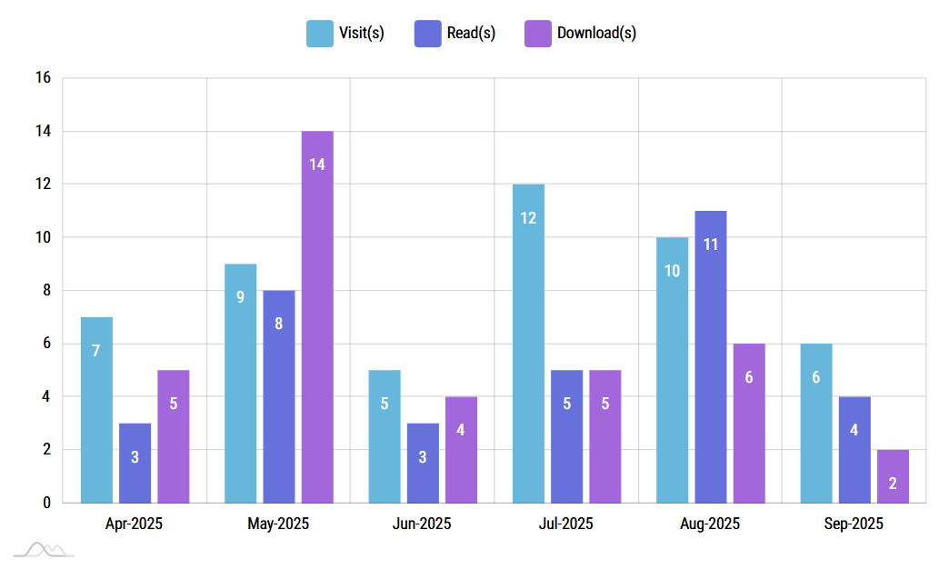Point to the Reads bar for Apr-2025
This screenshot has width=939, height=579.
(135, 463)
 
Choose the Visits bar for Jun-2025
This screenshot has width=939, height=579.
(385, 435)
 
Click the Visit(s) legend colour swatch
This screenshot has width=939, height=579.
(319, 33)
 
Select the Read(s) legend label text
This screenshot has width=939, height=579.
(471, 33)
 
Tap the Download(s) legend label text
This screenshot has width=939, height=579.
(596, 33)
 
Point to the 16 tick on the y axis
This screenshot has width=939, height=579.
(43, 78)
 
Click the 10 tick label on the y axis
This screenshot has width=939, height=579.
(43, 237)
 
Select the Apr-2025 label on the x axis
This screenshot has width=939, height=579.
(135, 524)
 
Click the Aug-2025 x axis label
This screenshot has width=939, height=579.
(710, 524)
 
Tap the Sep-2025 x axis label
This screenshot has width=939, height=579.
(854, 524)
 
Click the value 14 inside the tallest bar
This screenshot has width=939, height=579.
(317, 165)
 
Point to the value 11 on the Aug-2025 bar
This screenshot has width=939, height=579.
(711, 244)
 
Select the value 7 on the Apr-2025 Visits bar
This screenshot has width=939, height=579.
(96, 350)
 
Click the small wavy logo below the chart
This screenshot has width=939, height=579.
(44, 549)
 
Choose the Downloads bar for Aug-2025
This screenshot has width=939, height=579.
(749, 423)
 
